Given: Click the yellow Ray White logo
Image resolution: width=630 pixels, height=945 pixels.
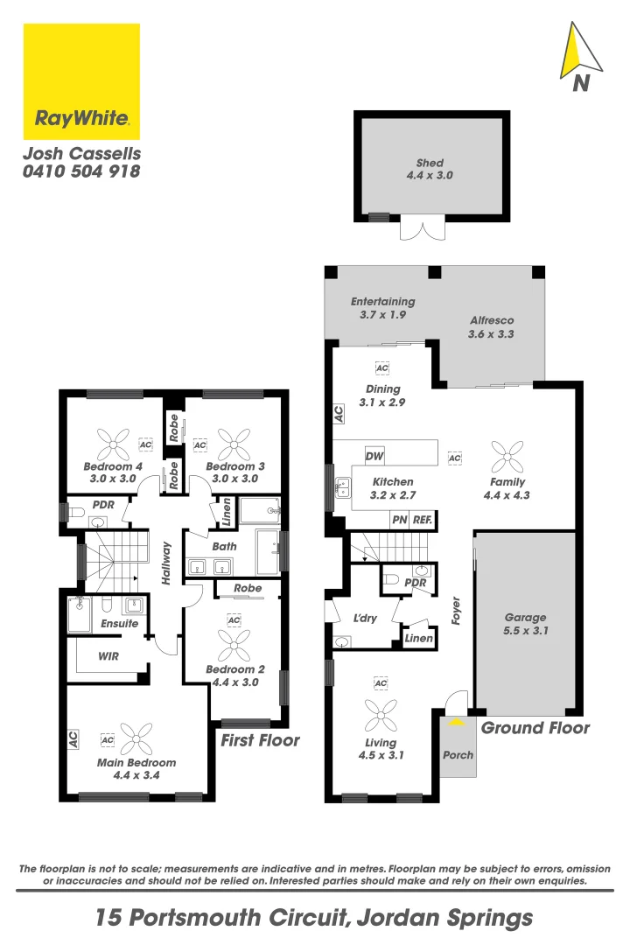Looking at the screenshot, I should [x=81, y=81].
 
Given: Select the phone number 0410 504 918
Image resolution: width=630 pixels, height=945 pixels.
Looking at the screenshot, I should [x=81, y=172].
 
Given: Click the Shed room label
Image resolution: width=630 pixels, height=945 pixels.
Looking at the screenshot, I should [x=430, y=163].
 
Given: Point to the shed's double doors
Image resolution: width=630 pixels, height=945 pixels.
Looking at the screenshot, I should [x=423, y=229].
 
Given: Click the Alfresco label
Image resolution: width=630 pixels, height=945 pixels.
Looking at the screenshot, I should [x=491, y=321].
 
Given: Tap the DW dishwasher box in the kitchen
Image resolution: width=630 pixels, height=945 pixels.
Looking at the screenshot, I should [x=374, y=457].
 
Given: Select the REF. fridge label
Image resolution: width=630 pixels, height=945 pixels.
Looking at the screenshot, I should [x=422, y=520].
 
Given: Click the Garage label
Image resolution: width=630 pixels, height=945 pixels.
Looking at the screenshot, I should [x=525, y=617].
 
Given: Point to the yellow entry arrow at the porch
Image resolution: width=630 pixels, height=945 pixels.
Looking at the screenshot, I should [x=456, y=722].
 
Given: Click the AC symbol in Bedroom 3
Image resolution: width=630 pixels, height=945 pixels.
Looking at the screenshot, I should [x=199, y=445].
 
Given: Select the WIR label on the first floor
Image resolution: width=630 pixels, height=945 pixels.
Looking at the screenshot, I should [x=109, y=655].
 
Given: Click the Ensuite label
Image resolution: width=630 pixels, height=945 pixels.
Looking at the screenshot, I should [x=119, y=624].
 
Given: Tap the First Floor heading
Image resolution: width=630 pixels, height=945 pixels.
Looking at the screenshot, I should [x=260, y=740].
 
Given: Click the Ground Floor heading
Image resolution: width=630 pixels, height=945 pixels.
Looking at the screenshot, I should [x=535, y=727].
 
